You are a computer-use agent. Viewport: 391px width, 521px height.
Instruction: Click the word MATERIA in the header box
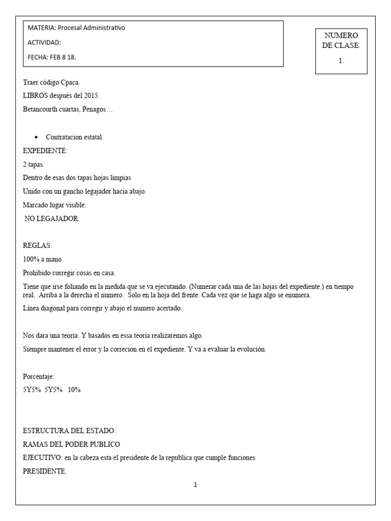(x=38, y=28)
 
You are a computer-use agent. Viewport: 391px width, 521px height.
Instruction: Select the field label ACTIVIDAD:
(x=44, y=43)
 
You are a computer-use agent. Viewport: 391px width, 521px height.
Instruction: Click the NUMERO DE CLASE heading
(x=341, y=40)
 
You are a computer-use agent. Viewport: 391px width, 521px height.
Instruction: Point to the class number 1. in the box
(x=341, y=61)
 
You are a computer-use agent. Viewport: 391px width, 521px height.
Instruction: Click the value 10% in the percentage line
(x=74, y=390)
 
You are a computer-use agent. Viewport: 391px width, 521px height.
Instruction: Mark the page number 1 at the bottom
(x=195, y=485)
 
